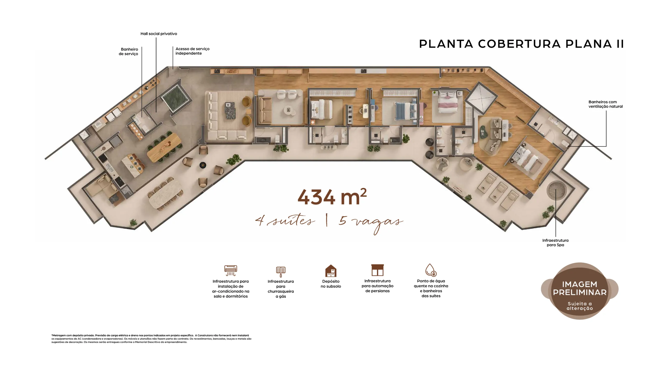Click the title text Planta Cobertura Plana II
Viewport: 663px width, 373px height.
coord(521,44)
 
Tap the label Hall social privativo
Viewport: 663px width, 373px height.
coord(159,34)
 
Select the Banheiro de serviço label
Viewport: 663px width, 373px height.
coord(128,51)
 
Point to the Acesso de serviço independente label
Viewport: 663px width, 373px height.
coord(192,51)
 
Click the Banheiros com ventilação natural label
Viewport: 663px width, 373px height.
coord(606,104)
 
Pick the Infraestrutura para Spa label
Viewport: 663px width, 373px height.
coord(555,242)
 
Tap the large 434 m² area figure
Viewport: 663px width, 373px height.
coord(332,197)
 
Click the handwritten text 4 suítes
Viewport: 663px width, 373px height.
coord(285,220)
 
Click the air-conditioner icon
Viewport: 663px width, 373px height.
coord(230,270)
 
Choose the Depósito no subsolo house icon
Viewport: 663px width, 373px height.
coord(331,271)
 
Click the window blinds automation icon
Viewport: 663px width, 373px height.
coord(377,270)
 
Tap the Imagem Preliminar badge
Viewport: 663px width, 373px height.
coord(580,291)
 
